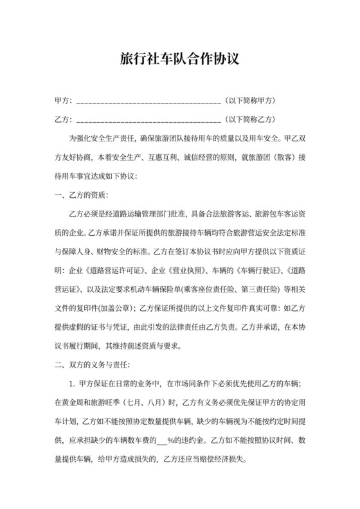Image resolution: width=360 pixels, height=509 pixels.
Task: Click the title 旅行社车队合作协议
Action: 180,60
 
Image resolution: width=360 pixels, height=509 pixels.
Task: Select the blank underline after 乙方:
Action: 148,120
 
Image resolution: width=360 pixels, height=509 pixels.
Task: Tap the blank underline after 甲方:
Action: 148,102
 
